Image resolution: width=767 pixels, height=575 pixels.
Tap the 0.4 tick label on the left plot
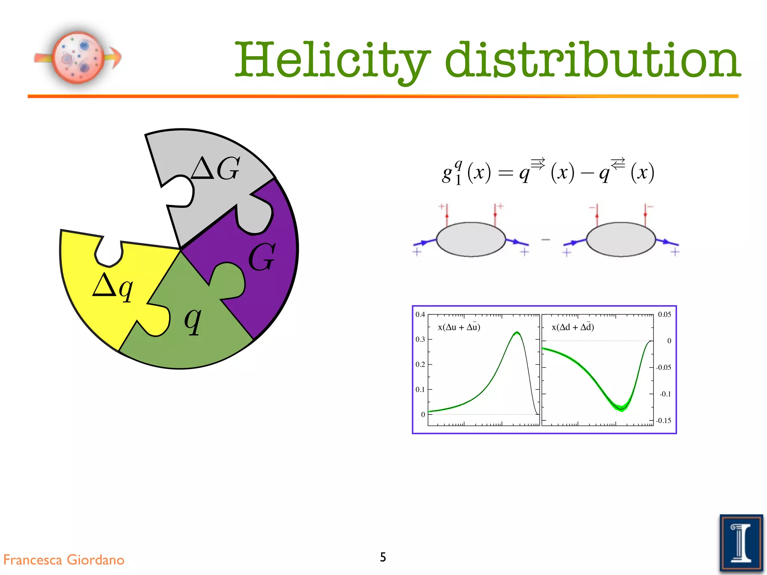coord(420,314)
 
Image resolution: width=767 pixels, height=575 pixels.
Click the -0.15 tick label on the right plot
coord(663,420)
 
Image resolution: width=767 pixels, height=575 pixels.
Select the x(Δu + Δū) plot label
coord(459,327)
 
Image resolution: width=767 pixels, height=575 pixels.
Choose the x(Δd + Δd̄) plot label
coord(573,327)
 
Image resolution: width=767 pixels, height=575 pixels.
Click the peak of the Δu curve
coord(517,332)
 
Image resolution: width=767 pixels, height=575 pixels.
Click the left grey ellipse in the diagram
coord(471,239)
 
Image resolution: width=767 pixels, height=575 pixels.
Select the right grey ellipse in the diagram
coord(621,239)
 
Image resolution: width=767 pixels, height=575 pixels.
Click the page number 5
coord(383,557)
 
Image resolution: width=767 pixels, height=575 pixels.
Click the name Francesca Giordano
coord(64,560)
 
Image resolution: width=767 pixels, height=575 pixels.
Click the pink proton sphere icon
coord(78,57)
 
